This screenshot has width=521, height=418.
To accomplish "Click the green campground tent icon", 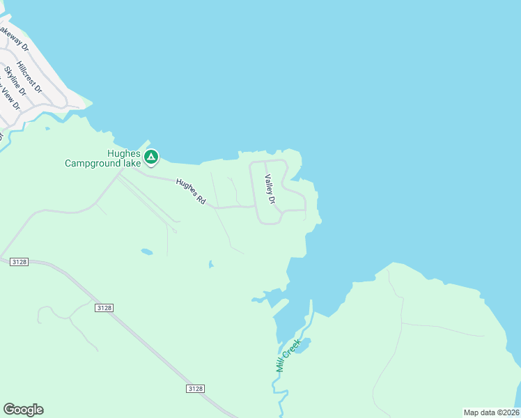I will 151,157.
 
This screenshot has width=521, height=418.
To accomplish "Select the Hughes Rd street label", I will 191,192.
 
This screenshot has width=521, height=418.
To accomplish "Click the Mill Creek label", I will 288,355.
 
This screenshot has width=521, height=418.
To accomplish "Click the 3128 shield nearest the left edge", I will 19,261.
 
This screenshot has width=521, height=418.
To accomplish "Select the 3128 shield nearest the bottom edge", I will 196,388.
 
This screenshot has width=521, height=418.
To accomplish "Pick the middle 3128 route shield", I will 104,307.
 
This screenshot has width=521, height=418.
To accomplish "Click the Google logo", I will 23,410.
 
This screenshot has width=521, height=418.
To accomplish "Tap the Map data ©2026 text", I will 491,412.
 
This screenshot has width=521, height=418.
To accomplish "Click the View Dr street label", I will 10,97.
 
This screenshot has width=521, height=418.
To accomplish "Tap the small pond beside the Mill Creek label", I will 302,345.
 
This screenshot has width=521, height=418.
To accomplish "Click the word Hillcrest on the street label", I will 27,74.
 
